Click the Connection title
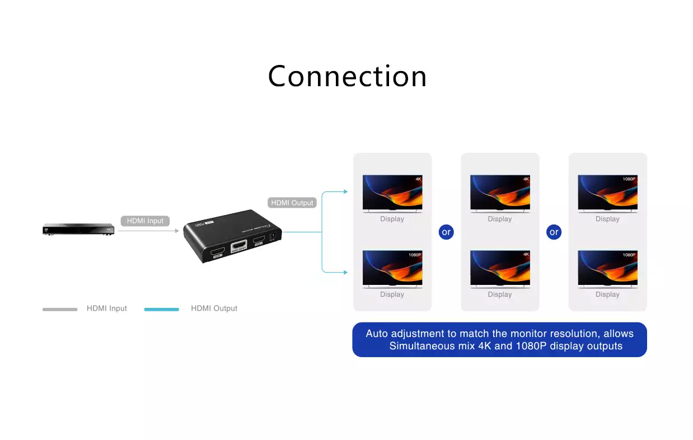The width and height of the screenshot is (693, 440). pyautogui.click(x=347, y=76)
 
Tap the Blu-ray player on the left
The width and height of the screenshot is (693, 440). pyautogui.click(x=78, y=229)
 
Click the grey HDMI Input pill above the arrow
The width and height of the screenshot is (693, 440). pyautogui.click(x=145, y=221)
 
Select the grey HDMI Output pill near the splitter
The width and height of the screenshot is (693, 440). pyautogui.click(x=292, y=203)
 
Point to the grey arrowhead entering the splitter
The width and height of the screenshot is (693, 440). pyautogui.click(x=177, y=230)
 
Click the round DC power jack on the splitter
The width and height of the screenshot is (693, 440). pyautogui.click(x=274, y=236)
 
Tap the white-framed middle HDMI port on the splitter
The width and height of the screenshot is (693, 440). pyautogui.click(x=239, y=246)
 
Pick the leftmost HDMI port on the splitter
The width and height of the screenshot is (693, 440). pyautogui.click(x=218, y=253)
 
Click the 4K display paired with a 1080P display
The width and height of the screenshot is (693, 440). pyautogui.click(x=392, y=193)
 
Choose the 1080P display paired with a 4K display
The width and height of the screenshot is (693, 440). pyautogui.click(x=392, y=269)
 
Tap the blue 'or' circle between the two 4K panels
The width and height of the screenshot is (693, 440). pyautogui.click(x=446, y=232)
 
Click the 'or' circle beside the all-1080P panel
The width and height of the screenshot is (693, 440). pyautogui.click(x=554, y=232)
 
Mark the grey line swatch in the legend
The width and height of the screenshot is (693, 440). pyautogui.click(x=60, y=309)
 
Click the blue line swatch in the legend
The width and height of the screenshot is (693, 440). pyautogui.click(x=161, y=309)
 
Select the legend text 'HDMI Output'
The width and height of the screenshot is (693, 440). pyautogui.click(x=214, y=308)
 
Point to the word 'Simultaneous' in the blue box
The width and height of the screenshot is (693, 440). pyautogui.click(x=422, y=346)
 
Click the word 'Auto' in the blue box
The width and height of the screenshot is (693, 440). pyautogui.click(x=377, y=334)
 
